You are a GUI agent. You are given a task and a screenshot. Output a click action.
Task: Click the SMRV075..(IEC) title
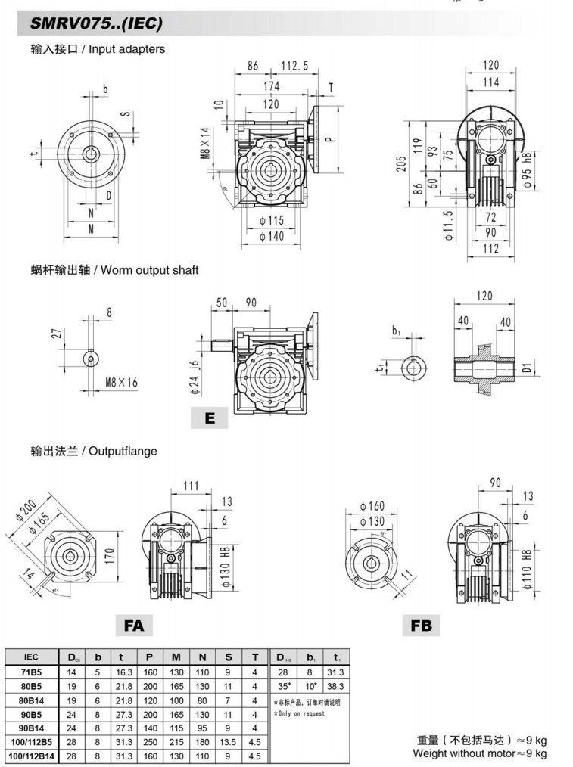point(96,24)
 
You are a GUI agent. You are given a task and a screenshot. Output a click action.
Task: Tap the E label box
point(210,418)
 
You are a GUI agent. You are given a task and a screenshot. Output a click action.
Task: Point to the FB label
point(421,626)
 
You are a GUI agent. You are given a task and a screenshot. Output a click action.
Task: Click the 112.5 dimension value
point(294,67)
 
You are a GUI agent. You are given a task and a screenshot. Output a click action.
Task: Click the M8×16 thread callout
point(122,382)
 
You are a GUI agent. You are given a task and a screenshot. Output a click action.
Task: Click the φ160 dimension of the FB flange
point(372,506)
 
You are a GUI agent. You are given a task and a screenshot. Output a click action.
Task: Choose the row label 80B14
point(31,700)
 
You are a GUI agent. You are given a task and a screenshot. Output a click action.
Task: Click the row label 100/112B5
point(31,742)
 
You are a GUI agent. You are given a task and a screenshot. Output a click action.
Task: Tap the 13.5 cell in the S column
point(228,742)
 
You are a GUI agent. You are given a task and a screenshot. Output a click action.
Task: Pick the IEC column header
point(31,657)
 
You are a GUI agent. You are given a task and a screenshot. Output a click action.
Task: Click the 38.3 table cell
point(335,686)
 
